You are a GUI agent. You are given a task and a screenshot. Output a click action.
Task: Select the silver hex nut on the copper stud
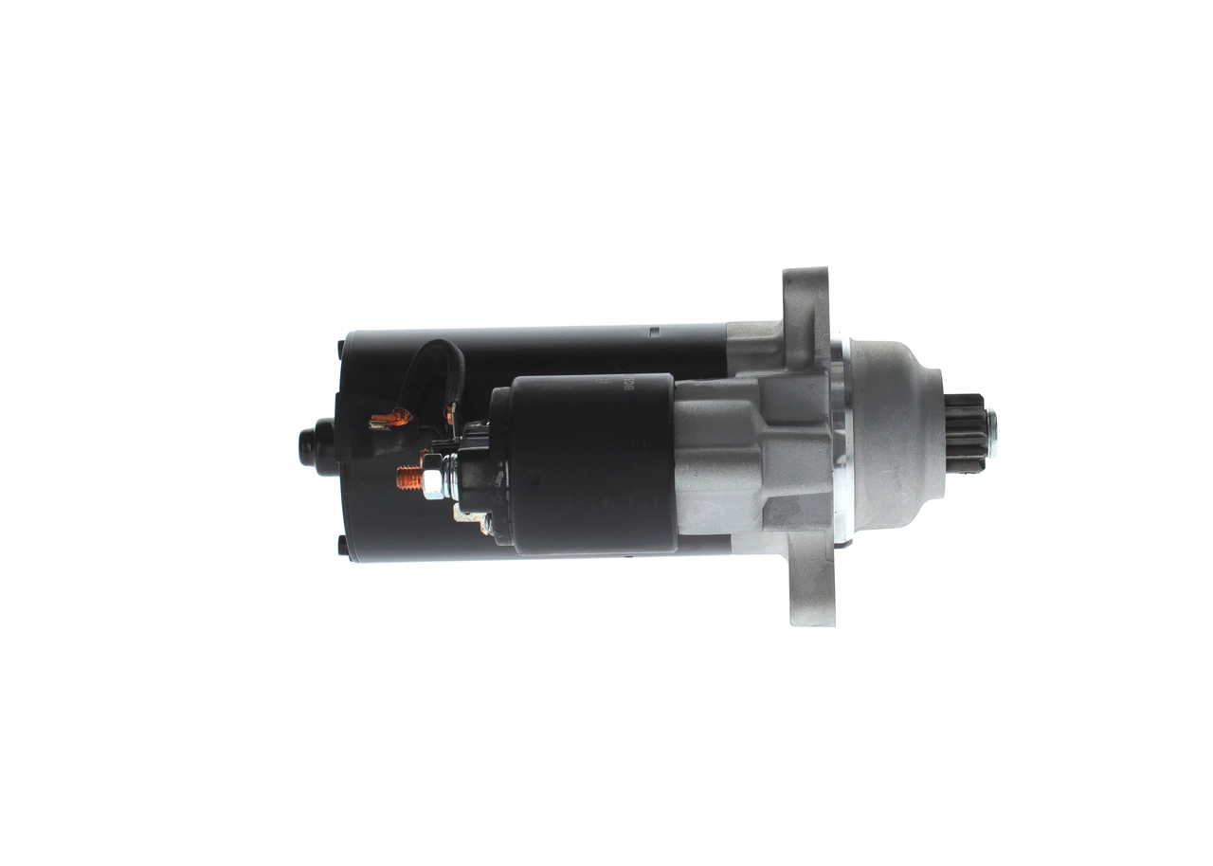tap(431, 479)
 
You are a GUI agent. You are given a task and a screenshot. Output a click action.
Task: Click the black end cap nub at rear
tap(312, 443)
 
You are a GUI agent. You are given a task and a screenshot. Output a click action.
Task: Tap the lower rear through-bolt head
tap(342, 547)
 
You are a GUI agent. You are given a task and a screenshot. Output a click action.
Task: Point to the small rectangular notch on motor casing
tap(653, 333)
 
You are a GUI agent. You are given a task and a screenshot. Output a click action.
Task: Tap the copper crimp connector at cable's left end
tap(389, 418)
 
